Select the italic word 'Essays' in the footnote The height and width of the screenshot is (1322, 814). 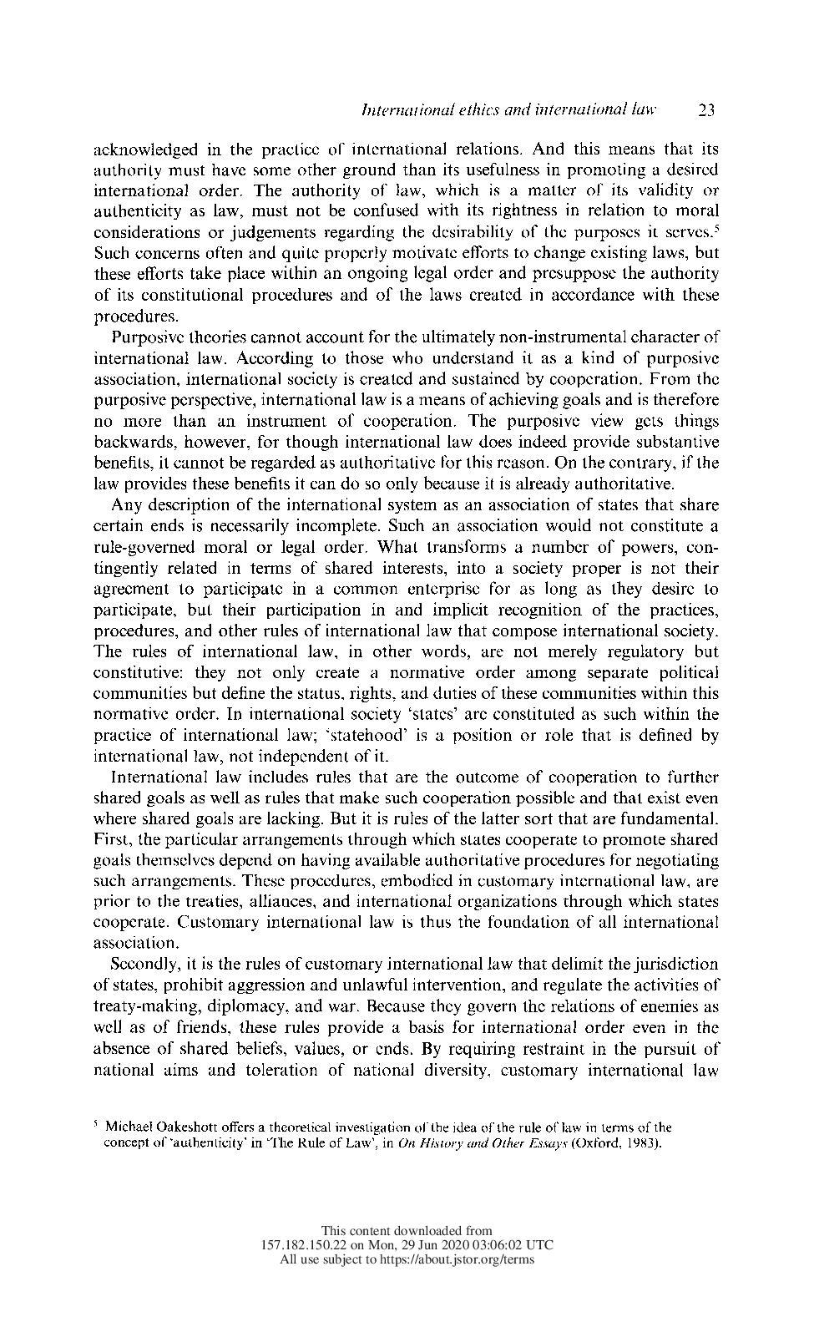pyautogui.click(x=569, y=1142)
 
